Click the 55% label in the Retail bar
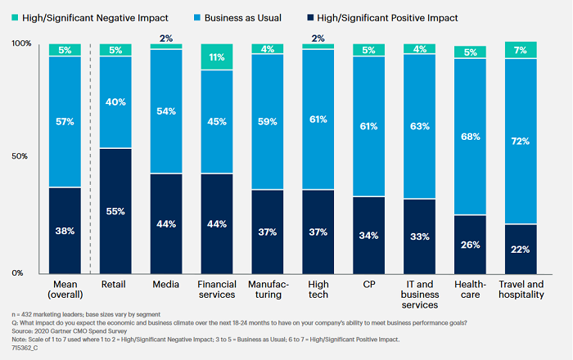coord(115,210)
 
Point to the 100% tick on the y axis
coord(20,43)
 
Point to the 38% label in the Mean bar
coord(65,230)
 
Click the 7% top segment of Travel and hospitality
coord(521,51)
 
